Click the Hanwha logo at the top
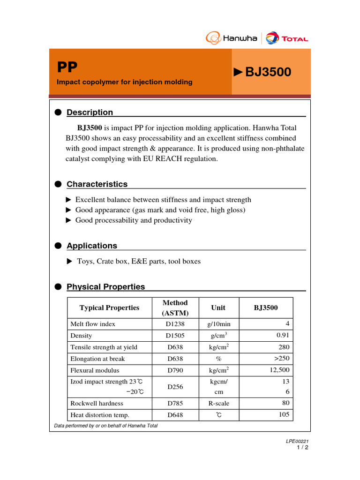point(232,38)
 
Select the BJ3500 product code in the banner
point(268,72)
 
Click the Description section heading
point(90,112)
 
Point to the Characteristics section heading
point(97,184)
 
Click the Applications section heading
point(92,246)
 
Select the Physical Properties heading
point(105,287)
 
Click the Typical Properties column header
point(109,308)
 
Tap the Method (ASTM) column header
point(175,308)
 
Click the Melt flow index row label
point(92,324)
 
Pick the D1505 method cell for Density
point(175,336)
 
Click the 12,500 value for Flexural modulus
point(279,370)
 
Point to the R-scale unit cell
point(218,403)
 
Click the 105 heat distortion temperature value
point(284,415)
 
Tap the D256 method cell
point(175,387)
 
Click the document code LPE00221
point(297,441)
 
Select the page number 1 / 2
point(302,447)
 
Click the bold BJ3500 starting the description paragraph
point(90,127)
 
